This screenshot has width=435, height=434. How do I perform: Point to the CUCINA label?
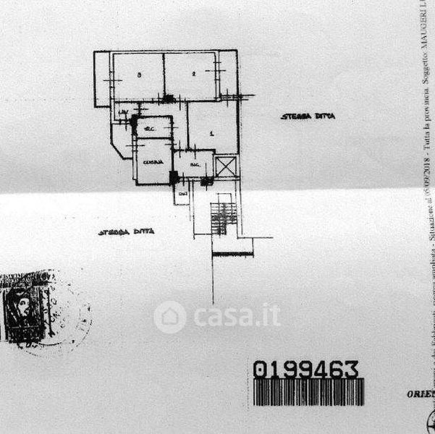click(152, 161)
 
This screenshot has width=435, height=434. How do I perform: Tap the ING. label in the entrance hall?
click(194, 164)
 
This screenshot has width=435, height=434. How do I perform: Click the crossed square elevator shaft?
click(227, 166)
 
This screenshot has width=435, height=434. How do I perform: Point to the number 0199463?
click(306, 370)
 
